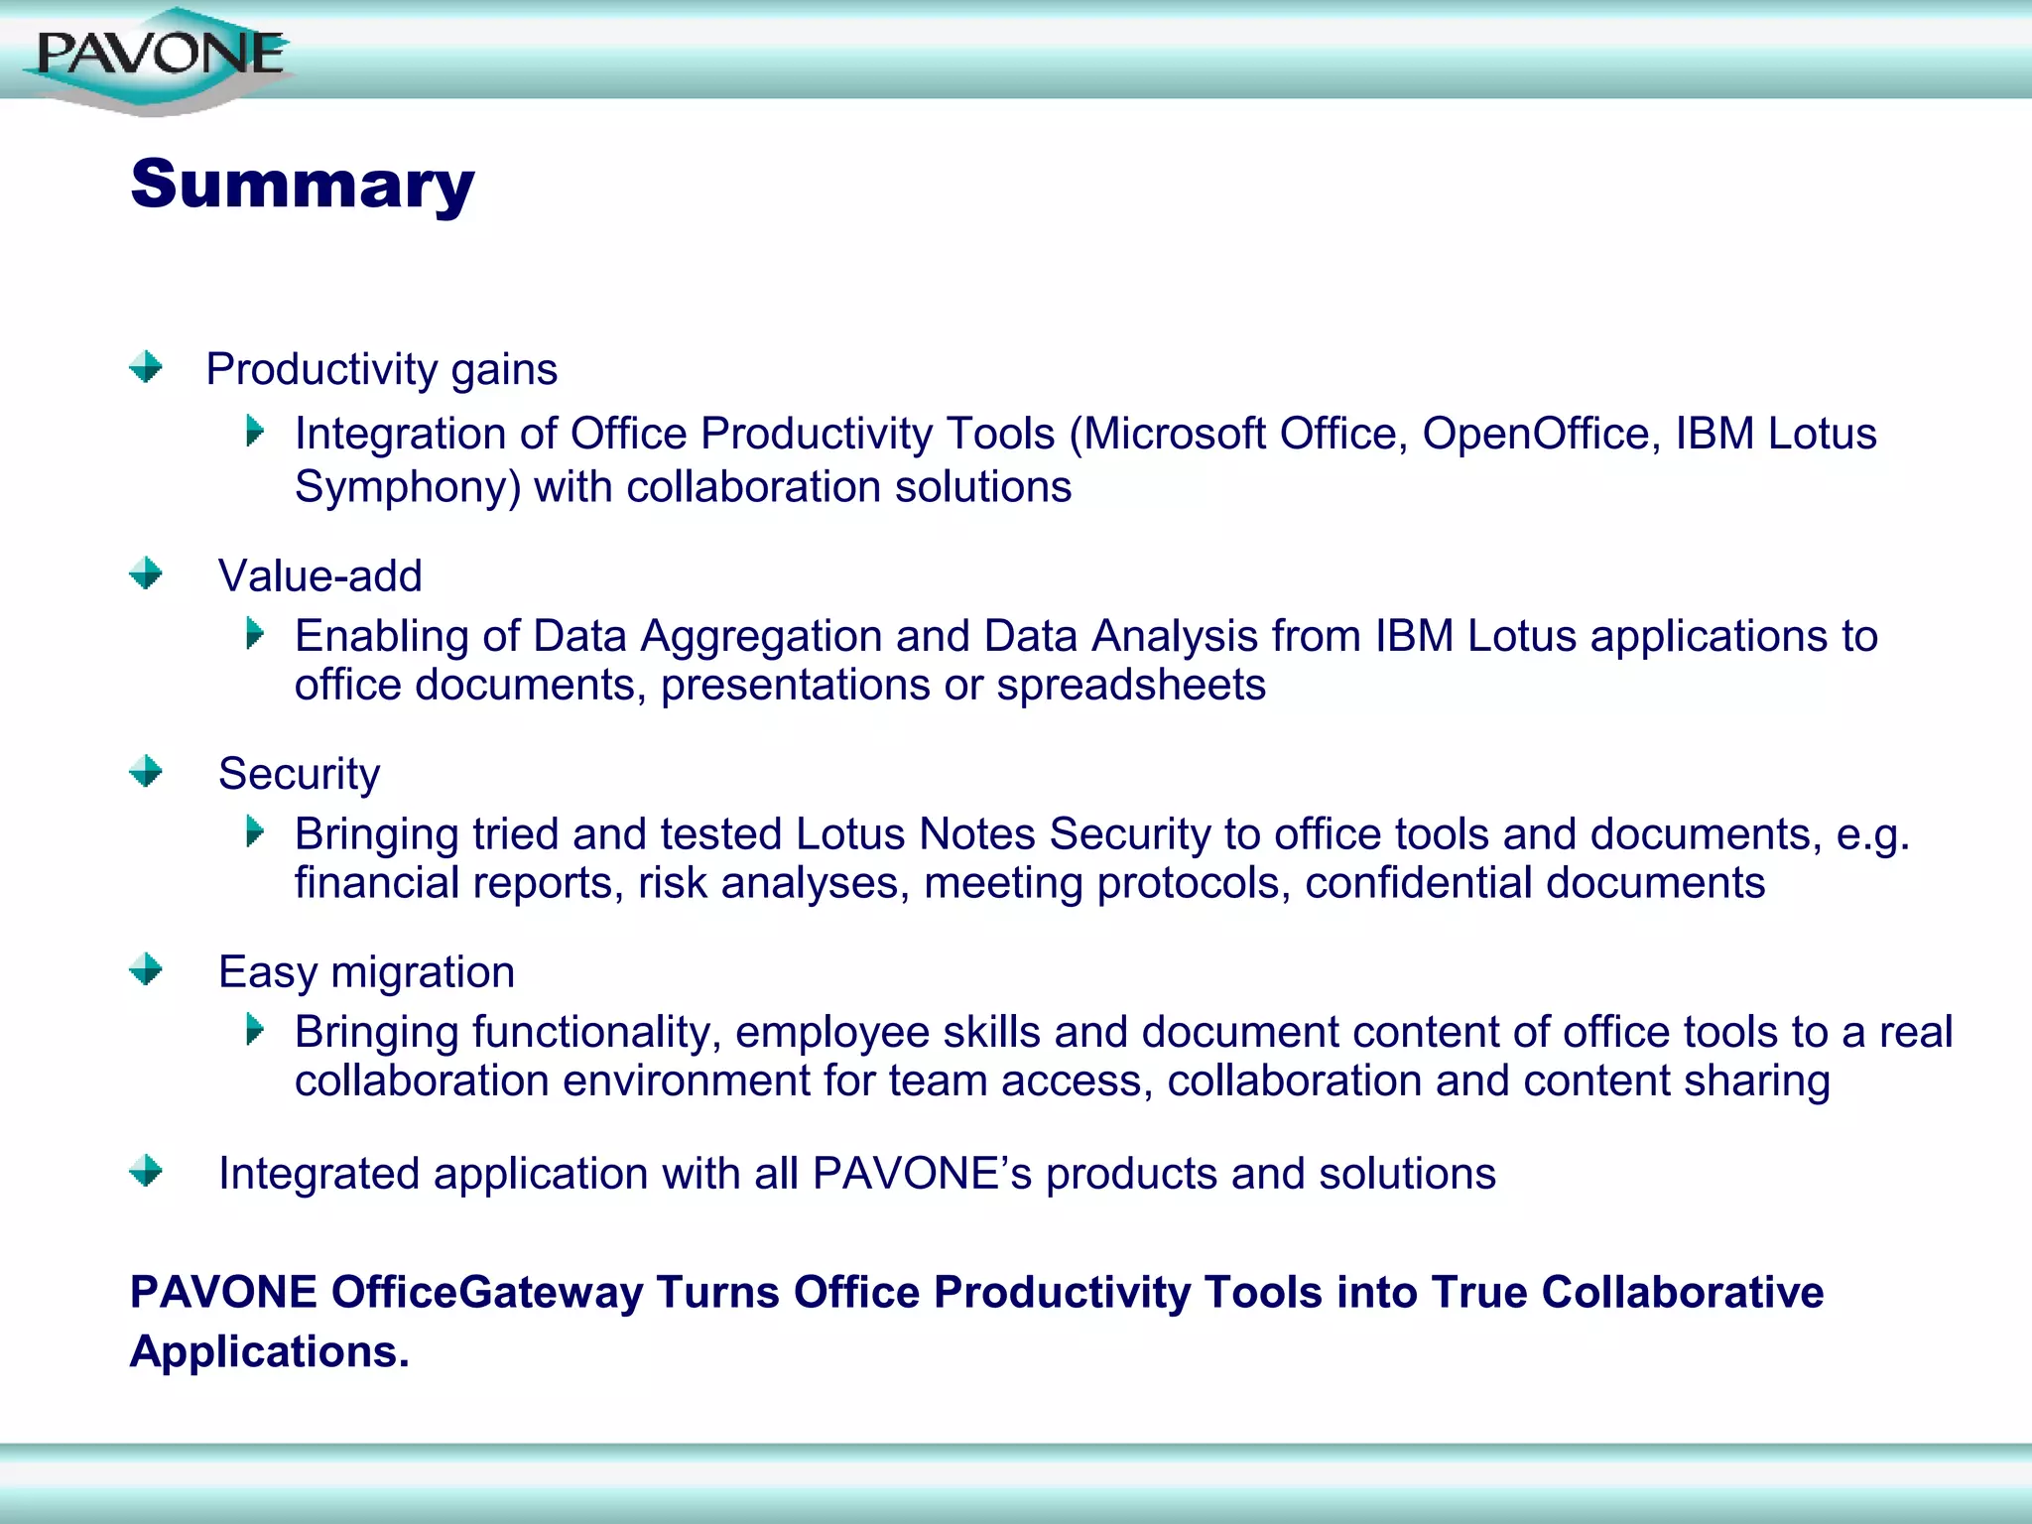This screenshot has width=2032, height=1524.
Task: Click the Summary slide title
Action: click(303, 185)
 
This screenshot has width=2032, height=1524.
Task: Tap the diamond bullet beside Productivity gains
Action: click(146, 367)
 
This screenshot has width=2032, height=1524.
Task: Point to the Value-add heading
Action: click(319, 576)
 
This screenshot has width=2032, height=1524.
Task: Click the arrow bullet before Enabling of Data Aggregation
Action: click(255, 633)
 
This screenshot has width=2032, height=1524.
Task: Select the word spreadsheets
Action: click(1130, 685)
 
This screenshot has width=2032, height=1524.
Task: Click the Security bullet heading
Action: click(299, 774)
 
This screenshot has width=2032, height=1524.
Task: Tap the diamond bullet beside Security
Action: click(146, 771)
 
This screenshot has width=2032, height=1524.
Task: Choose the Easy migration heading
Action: click(366, 972)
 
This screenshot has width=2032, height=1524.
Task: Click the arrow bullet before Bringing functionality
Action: click(255, 1030)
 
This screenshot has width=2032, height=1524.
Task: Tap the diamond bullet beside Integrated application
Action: click(146, 1171)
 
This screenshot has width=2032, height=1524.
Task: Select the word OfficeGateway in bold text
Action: click(486, 1293)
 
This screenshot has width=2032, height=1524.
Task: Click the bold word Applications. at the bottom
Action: click(269, 1352)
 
